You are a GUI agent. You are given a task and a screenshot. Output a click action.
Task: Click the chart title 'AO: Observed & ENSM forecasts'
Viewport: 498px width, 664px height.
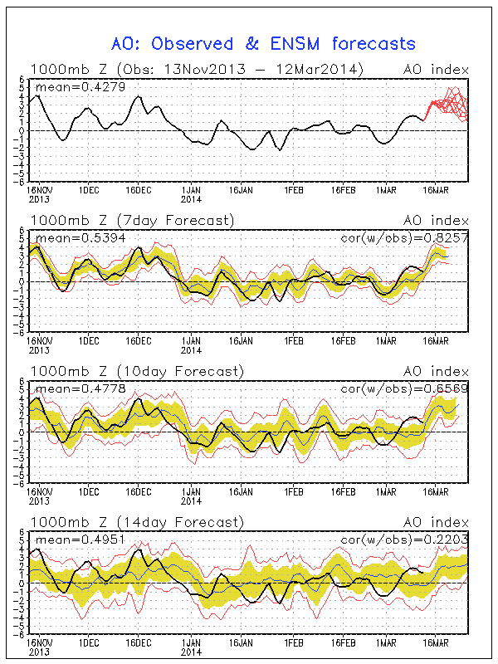[263, 43]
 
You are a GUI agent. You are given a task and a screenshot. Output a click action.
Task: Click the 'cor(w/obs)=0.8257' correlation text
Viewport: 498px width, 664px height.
[405, 237]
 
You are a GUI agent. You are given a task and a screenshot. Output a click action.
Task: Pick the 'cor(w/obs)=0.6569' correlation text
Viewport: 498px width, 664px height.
[405, 388]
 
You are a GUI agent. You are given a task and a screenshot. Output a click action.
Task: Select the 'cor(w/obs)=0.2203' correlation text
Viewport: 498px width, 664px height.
[405, 539]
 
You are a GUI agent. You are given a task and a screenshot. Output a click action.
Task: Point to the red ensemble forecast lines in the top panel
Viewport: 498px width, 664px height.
[448, 104]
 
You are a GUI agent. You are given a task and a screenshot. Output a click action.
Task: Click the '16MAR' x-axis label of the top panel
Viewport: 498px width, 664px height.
[437, 189]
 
